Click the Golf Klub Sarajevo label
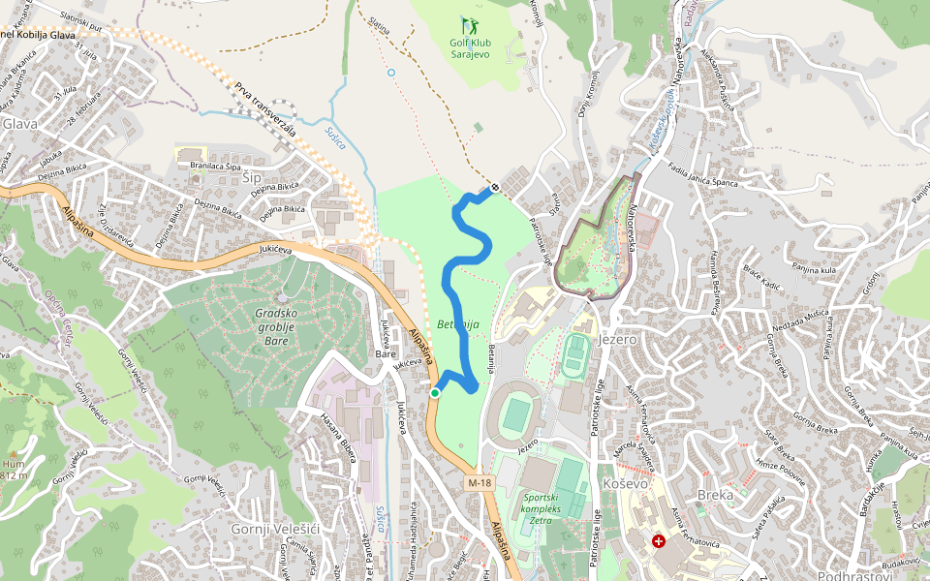pyautogui.click(x=470, y=48)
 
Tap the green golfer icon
pyautogui.click(x=470, y=23)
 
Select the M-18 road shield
pyautogui.click(x=478, y=481)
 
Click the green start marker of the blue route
pyautogui.click(x=435, y=392)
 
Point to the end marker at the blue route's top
pyautogui.click(x=495, y=187)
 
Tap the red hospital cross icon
pyautogui.click(x=659, y=542)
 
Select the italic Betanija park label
pyautogui.click(x=458, y=324)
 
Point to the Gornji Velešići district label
pyautogui.click(x=269, y=529)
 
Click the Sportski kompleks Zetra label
pyautogui.click(x=542, y=508)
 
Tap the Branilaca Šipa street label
pyautogui.click(x=215, y=167)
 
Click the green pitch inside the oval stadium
pyautogui.click(x=517, y=415)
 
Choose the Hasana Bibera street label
pyautogui.click(x=338, y=442)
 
